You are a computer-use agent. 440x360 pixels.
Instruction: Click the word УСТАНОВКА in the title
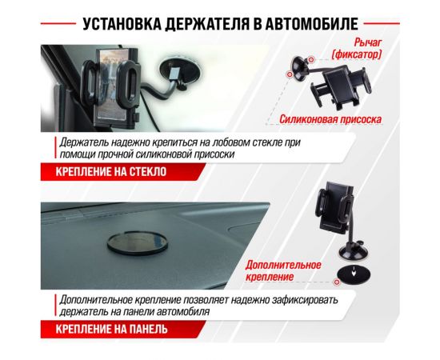click(x=121, y=22)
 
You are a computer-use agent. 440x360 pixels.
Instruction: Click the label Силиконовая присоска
click(x=330, y=119)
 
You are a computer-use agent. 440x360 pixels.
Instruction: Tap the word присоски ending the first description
click(x=210, y=154)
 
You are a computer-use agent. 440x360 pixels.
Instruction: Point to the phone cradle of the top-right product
click(x=351, y=86)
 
